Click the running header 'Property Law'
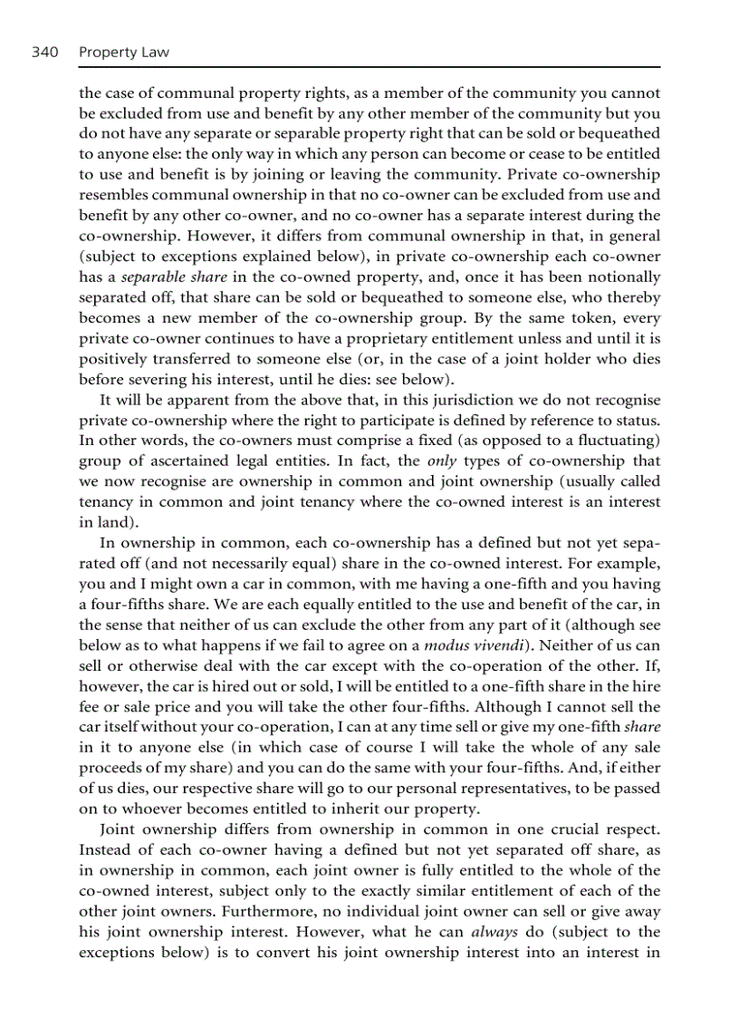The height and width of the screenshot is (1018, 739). (123, 53)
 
